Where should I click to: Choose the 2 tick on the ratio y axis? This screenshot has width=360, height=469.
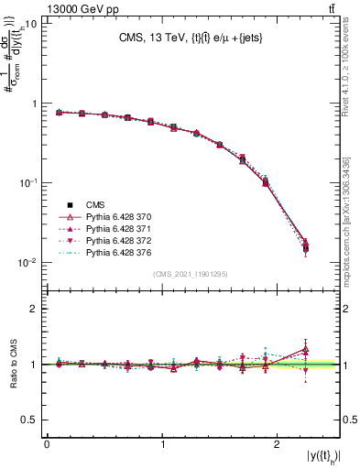pos(35,310)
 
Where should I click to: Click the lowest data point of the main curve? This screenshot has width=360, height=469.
pos(306,247)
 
